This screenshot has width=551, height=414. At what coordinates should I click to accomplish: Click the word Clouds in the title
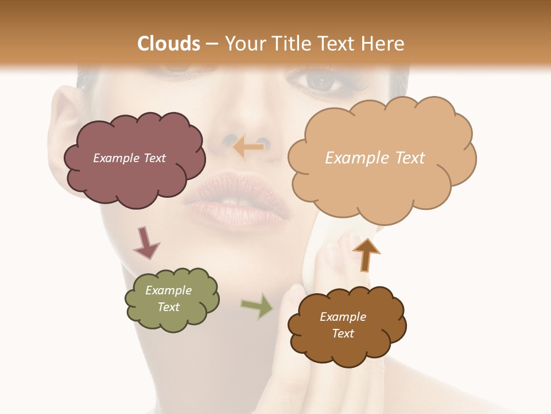coord(169,44)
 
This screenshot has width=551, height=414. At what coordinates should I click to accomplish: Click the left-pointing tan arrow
coord(248,147)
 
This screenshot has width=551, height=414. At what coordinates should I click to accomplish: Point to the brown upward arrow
coord(366,254)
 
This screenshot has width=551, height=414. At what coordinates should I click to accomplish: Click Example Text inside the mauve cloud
coord(129,158)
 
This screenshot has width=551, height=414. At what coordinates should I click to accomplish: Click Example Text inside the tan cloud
coord(375,158)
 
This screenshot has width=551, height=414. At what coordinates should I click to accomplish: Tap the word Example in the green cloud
coord(168,290)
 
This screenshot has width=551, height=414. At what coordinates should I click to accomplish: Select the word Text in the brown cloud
coord(343,333)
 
